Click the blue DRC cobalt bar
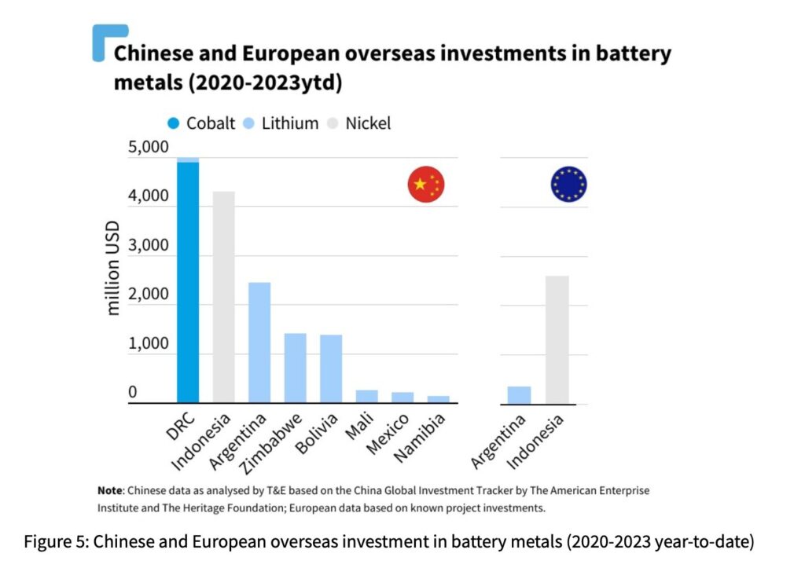pyautogui.click(x=188, y=283)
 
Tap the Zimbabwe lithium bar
pyautogui.click(x=295, y=368)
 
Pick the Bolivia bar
pyautogui.click(x=331, y=369)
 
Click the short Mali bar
pyautogui.click(x=366, y=397)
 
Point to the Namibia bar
pyautogui.click(x=439, y=399)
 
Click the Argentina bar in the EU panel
pyautogui.click(x=520, y=395)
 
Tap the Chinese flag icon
pyautogui.click(x=426, y=185)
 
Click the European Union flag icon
pyautogui.click(x=568, y=185)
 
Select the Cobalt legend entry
pyautogui.click(x=201, y=123)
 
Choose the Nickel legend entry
pyautogui.click(x=358, y=123)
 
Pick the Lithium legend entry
pyautogui.click(x=281, y=123)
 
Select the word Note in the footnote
pyautogui.click(x=109, y=490)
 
